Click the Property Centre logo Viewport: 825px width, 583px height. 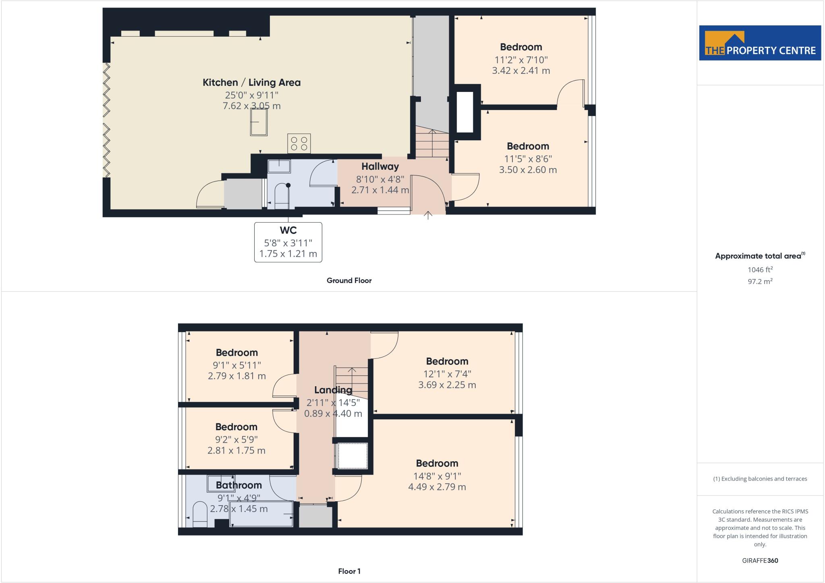[x=760, y=43]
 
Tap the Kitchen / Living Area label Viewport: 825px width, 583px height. [x=251, y=83]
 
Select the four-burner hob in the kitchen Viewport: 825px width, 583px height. [x=299, y=144]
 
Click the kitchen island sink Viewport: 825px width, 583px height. [x=258, y=122]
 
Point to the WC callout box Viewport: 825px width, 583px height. [x=288, y=242]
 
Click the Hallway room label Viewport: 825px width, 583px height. [x=380, y=167]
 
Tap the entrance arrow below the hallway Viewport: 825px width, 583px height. [x=428, y=215]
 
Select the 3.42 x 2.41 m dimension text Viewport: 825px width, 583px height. [x=521, y=71]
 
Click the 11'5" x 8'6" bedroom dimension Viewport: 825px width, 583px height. [x=528, y=159]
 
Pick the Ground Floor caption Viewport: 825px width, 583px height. [x=349, y=281]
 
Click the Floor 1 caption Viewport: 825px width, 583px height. [x=349, y=571]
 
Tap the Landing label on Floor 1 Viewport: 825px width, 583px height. [x=333, y=390]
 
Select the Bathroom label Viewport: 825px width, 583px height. [x=238, y=485]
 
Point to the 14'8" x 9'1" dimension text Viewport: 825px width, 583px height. [x=437, y=476]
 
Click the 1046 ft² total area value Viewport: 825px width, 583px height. [x=760, y=270]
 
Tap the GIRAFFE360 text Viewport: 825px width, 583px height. [x=760, y=560]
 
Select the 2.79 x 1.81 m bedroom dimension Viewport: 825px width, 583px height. [x=236, y=376]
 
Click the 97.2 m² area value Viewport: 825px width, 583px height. [x=760, y=281]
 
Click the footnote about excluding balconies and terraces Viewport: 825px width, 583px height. [x=760, y=479]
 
